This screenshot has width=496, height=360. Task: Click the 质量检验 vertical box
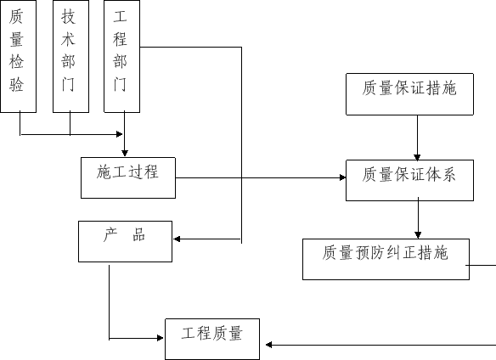(x=19, y=56)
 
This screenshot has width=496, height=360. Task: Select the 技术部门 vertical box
(x=70, y=56)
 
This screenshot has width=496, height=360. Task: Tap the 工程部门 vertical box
(x=122, y=56)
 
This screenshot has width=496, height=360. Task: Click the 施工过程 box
(x=128, y=177)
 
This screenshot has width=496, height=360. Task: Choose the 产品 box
(x=125, y=242)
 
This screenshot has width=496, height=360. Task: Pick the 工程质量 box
(x=212, y=339)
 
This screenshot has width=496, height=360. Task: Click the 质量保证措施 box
(x=409, y=94)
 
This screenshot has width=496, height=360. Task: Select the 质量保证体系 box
(x=409, y=180)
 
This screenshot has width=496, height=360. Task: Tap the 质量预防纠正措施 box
(x=386, y=260)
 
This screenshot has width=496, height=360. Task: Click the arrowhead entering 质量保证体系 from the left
(x=342, y=177)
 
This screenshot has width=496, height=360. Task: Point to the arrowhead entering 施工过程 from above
(x=125, y=154)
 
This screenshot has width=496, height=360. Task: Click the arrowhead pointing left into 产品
(x=177, y=239)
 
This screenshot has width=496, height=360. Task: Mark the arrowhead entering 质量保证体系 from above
(x=417, y=157)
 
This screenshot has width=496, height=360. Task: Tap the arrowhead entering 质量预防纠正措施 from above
(x=418, y=235)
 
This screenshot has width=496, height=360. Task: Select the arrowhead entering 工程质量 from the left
(x=161, y=338)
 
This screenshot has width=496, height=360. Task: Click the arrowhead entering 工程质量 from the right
(x=269, y=345)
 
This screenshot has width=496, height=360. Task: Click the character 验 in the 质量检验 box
(x=16, y=84)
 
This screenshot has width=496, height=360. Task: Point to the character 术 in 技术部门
(x=68, y=39)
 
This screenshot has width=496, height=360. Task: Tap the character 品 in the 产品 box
(x=139, y=234)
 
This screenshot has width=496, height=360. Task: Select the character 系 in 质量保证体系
(x=449, y=174)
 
